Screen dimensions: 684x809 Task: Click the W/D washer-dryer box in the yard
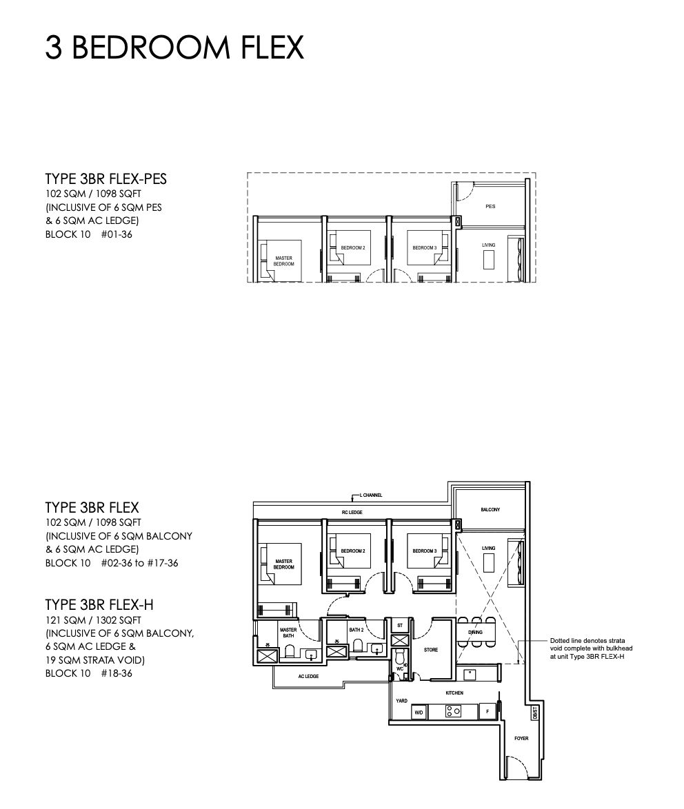click(419, 713)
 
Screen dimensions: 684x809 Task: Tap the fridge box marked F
click(487, 711)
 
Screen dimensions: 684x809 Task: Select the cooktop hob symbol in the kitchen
click(453, 711)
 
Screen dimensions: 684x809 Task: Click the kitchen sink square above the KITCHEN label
click(469, 673)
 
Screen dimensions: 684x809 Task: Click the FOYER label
click(521, 738)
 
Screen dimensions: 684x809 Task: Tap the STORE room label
click(431, 650)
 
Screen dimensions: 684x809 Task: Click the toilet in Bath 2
click(358, 646)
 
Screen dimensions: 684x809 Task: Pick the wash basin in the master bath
click(311, 654)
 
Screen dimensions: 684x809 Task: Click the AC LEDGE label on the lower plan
click(308, 677)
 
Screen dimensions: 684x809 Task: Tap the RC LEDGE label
click(352, 512)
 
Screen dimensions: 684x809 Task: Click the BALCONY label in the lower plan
click(490, 510)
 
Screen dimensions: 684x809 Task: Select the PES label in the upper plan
click(490, 206)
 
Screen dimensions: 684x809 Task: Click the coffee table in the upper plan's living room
click(489, 260)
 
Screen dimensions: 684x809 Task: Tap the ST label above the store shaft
click(399, 625)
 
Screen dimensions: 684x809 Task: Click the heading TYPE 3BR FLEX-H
click(99, 604)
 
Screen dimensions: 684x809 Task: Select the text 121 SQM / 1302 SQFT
click(93, 620)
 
